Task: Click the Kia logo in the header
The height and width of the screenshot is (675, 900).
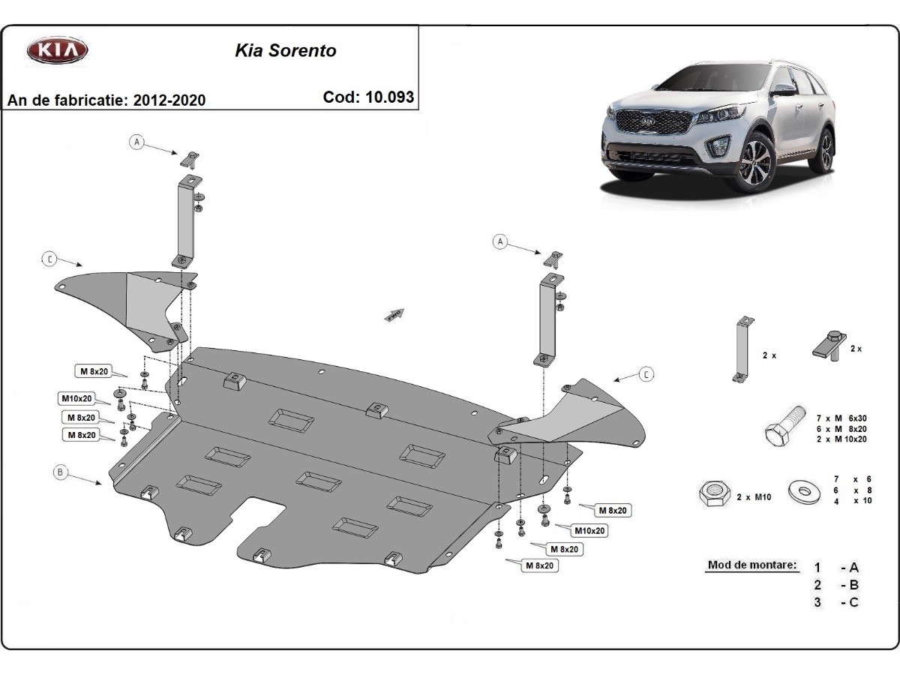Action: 58,51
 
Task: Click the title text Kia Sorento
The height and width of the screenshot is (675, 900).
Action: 286,51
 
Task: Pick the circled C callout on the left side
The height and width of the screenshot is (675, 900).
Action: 49,259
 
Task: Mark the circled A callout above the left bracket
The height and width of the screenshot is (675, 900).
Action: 136,142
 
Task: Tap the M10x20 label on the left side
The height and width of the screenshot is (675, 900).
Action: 77,397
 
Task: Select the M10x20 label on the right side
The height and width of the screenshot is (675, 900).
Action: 589,530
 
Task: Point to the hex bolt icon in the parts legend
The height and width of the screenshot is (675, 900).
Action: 784,425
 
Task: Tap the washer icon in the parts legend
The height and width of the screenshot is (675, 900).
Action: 805,491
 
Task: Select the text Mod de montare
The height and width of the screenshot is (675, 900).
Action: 751,565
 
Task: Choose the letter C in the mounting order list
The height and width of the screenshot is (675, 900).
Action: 854,601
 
